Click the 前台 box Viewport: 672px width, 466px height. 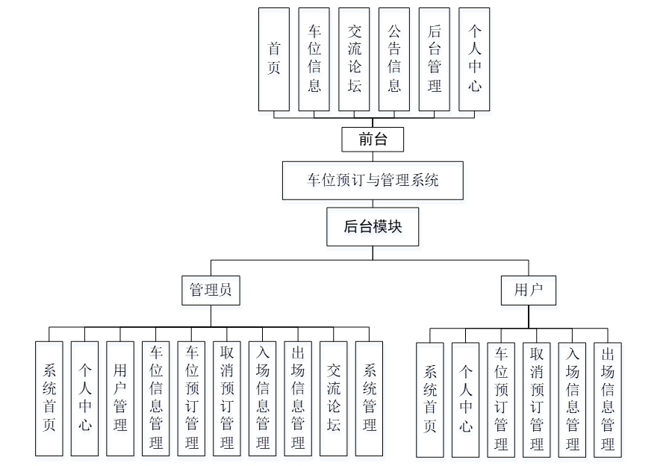tap(373, 139)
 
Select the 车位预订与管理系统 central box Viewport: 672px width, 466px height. tap(373, 181)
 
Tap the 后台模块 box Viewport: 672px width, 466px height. tap(373, 227)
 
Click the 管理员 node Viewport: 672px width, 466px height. tap(211, 290)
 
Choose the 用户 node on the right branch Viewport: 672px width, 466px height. tap(528, 290)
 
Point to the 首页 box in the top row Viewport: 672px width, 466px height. tap(274, 59)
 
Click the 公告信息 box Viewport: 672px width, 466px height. tap(394, 59)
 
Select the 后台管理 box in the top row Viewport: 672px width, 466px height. tap(435, 59)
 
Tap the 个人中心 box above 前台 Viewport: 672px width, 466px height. tap(475, 59)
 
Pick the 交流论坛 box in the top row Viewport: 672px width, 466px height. tap(354, 59)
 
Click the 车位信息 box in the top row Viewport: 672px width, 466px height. tap(314, 59)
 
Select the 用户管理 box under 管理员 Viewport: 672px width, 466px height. tap(120, 398)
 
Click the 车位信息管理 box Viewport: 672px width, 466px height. tap(156, 398)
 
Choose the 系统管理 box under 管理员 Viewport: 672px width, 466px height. tap(369, 398)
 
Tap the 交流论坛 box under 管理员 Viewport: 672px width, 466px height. tap(334, 398)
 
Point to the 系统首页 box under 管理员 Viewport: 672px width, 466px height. tap(49, 398)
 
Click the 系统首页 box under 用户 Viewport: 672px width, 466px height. tap(430, 400)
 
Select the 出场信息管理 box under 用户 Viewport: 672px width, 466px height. tap(608, 400)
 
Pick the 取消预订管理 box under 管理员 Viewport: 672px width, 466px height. tap(227, 398)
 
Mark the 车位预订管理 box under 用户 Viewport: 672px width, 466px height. tap(501, 400)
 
